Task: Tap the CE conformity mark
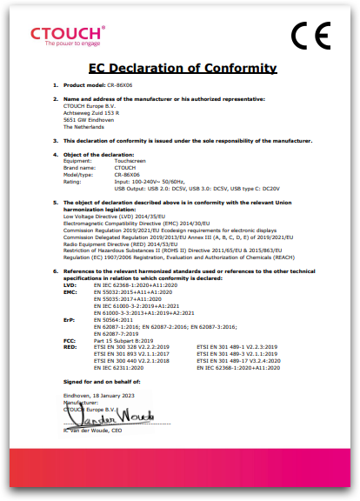click(x=310, y=36)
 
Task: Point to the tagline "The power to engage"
click(x=67, y=43)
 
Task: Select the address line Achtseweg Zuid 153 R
click(x=91, y=113)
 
